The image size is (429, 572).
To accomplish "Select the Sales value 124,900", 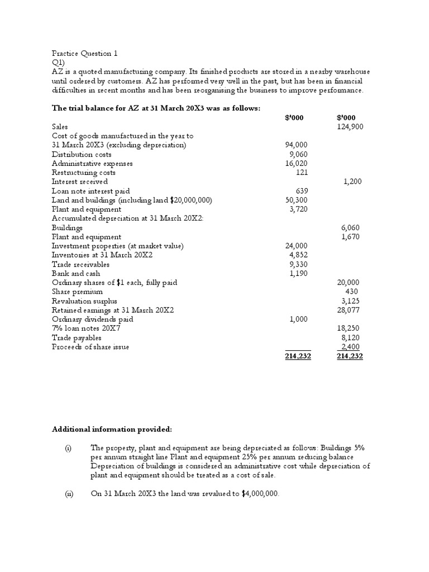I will [350, 127].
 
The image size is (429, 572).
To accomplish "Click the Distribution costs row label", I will [82, 154].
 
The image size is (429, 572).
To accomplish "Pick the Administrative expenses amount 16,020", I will [297, 163].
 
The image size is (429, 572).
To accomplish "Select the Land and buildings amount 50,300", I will [297, 200].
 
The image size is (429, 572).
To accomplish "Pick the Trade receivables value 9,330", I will [298, 264].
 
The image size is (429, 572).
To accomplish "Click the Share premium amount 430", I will [352, 292].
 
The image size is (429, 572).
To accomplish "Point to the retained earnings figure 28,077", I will [350, 309].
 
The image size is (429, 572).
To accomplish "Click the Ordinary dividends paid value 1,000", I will [298, 319].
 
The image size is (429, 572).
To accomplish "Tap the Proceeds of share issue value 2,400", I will [350, 346].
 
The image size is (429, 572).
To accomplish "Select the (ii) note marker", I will [68, 494].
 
